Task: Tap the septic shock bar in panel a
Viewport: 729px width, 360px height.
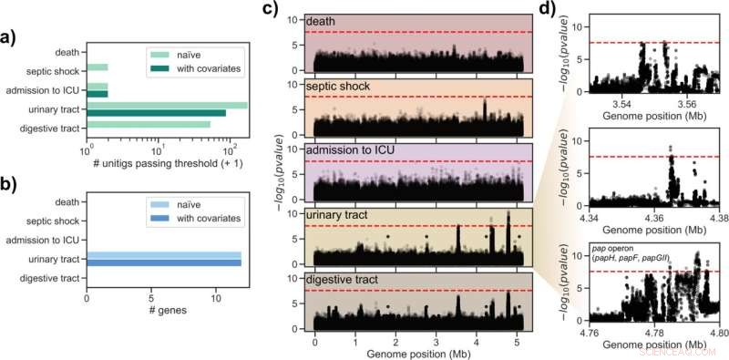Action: (97, 67)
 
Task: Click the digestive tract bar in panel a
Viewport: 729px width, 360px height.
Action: (148, 125)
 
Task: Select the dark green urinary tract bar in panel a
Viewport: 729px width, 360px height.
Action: (156, 113)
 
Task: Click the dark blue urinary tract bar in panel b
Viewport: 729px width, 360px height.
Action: (164, 262)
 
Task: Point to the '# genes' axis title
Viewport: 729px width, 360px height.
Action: (164, 309)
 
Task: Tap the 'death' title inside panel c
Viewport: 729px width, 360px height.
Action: (322, 22)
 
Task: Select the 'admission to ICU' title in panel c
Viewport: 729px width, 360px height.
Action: (345, 149)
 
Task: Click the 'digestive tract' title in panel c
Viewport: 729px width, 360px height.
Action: (340, 278)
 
